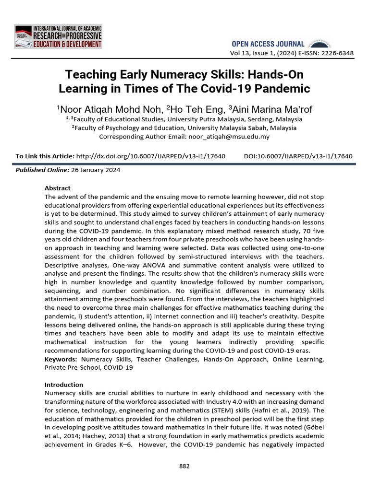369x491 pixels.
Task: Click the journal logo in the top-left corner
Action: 58,36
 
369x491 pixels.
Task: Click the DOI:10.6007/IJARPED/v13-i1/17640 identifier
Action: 298,156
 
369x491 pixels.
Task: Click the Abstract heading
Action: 57,188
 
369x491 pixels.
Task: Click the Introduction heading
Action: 64,385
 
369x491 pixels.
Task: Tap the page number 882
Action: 184,466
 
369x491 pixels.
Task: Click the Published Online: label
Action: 42,170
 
